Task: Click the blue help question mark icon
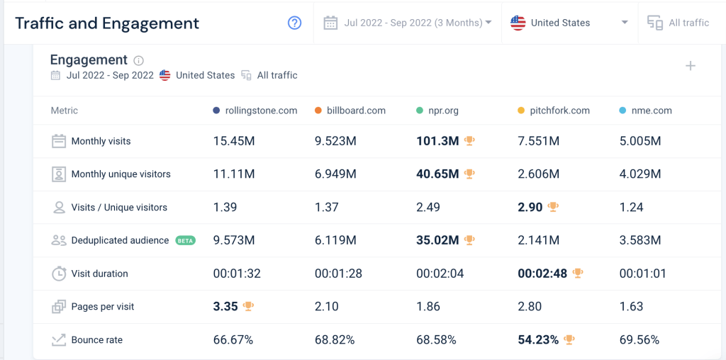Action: point(294,23)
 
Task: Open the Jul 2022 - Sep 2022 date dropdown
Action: point(408,23)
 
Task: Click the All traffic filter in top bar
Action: point(678,23)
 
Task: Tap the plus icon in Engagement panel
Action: point(691,66)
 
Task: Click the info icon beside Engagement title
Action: point(139,61)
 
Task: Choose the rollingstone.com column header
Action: point(260,111)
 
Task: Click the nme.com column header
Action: point(650,111)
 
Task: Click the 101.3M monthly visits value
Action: point(437,141)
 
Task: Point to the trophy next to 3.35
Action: point(248,307)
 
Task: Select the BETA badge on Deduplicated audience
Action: point(185,240)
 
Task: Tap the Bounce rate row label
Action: point(96,340)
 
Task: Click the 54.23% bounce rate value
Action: point(538,340)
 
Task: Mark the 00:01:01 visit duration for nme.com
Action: point(642,274)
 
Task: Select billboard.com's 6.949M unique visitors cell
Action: point(335,174)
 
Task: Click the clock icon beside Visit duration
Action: point(59,274)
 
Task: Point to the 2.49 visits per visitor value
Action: point(428,208)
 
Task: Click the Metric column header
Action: point(65,111)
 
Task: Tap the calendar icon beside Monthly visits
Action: point(59,141)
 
